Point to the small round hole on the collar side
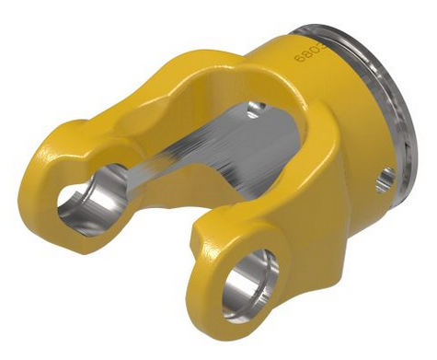[385, 176]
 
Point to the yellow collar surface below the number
[322, 101]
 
